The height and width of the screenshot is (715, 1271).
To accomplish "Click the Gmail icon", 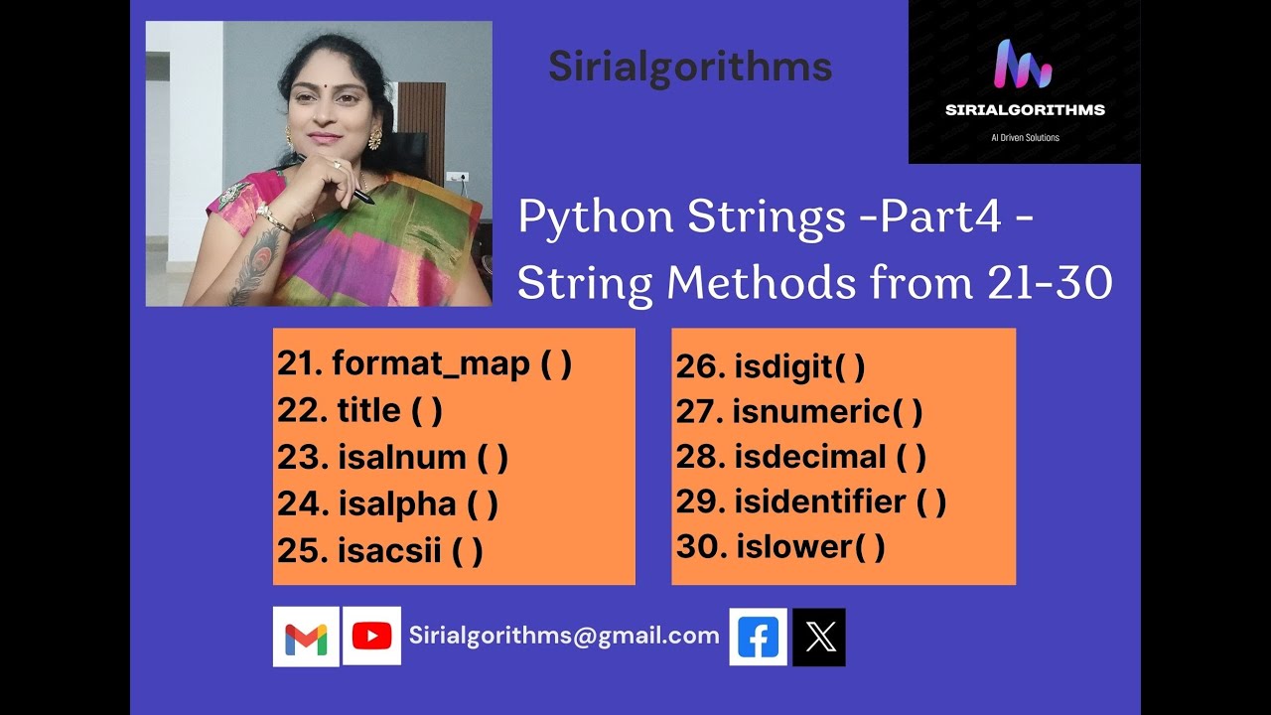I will coord(306,637).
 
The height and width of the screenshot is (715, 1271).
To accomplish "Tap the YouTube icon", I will coord(371,637).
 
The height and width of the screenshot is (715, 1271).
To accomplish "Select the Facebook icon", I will coord(759,638).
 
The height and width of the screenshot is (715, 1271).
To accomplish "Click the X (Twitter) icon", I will coord(820,638).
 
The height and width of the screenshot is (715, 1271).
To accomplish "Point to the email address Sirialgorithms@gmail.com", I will coord(564,636).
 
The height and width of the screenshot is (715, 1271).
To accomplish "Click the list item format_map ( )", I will coord(424,363).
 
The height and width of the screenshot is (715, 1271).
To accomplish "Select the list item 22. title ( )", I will coord(359,410).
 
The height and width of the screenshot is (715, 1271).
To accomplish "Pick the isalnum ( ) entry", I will coord(392,457).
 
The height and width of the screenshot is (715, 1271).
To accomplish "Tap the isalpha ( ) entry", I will coord(387,503).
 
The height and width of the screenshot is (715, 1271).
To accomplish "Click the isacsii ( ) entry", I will coord(379,550).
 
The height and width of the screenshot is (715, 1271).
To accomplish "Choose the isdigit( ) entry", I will coord(771,366).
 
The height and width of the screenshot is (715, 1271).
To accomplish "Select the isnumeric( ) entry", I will coord(799,411).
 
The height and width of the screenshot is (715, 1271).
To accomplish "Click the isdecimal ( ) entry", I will coord(801,457).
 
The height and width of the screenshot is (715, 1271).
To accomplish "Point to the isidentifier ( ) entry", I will coord(811,501).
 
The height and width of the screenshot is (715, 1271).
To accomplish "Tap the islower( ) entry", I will coord(780,546).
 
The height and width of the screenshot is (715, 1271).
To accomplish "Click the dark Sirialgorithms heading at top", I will coord(690,67).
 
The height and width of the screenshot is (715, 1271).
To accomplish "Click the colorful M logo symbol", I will coord(1023,65).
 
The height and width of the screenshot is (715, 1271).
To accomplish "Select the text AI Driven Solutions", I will coord(1025,137).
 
